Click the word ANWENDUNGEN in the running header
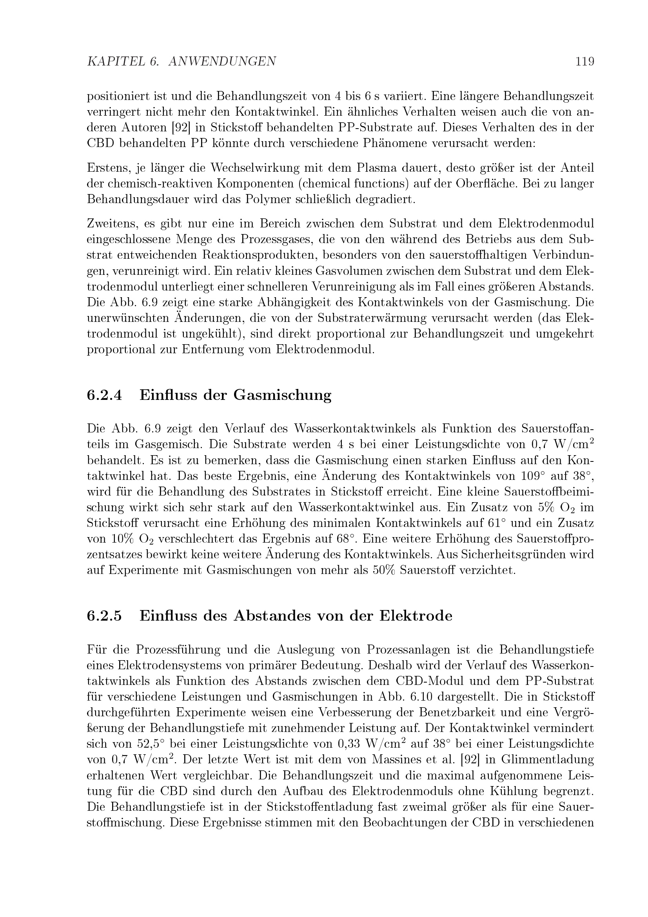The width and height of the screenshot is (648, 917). coord(222,62)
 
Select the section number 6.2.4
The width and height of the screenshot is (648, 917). coord(104,395)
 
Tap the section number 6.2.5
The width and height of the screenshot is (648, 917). coord(104,616)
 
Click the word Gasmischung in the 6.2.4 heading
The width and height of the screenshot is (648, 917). coord(282,395)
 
